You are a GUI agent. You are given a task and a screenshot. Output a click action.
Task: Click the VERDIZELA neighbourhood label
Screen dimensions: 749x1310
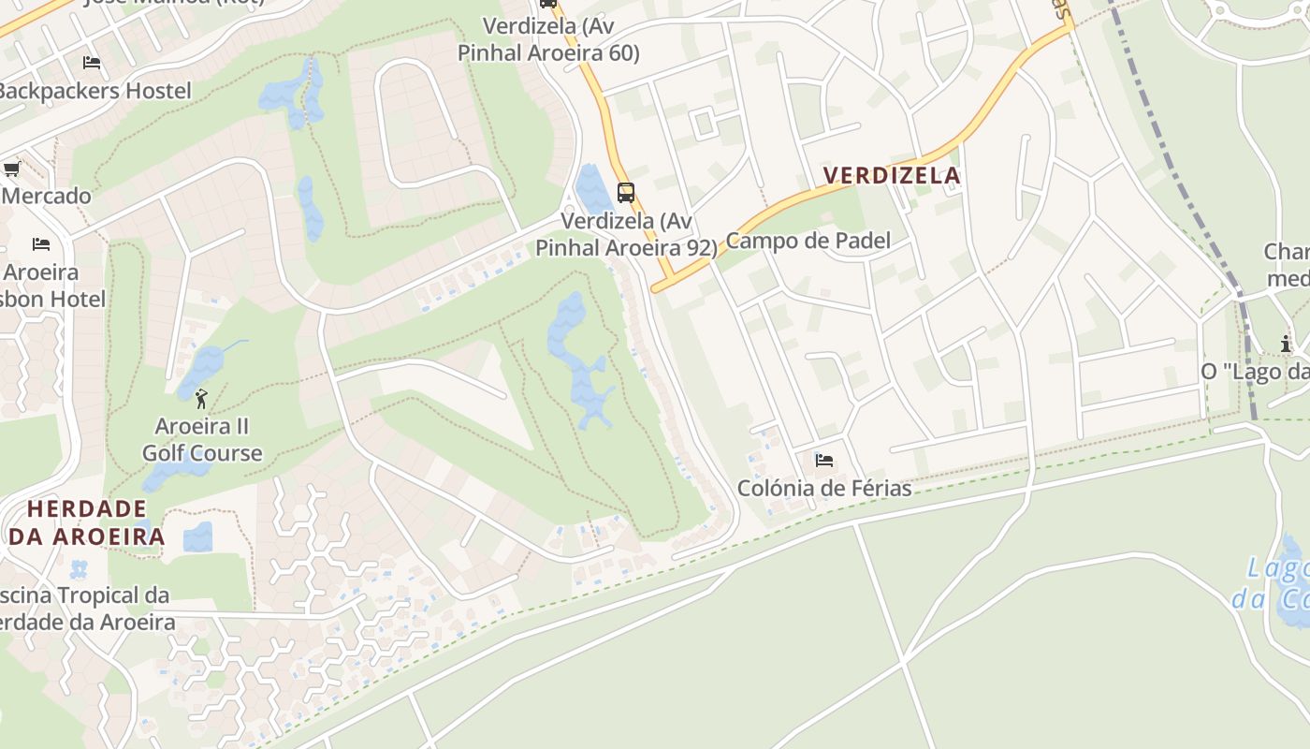coord(892,175)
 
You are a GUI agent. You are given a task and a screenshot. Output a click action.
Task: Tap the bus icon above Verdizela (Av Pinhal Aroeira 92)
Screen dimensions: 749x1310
coord(626,193)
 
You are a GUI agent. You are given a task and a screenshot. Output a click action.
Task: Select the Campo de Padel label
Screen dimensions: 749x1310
coord(808,241)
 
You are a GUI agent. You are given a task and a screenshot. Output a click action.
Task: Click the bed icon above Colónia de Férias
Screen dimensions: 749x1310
coord(824,460)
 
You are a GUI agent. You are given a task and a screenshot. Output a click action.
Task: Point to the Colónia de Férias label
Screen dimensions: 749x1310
coord(824,488)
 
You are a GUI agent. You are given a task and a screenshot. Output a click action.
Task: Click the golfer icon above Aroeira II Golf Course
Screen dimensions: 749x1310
coord(201,400)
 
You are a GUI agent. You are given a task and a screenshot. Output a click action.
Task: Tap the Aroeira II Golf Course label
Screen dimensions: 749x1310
coord(202,440)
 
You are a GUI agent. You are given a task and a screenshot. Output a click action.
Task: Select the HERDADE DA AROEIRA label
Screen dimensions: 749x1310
coord(87,522)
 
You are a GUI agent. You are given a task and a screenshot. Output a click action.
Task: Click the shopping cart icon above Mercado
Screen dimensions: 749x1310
coord(11,169)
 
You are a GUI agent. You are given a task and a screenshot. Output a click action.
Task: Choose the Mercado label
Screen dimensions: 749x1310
coord(46,196)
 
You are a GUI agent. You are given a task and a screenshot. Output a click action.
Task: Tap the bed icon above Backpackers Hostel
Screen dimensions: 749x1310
coord(92,63)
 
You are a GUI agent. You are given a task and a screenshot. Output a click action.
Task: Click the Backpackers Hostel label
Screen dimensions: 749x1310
coord(94,91)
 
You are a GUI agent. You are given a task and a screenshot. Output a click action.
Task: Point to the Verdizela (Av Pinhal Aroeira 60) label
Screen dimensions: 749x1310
coord(548,39)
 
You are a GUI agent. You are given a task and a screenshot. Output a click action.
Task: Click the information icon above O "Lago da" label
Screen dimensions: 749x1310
coord(1286,344)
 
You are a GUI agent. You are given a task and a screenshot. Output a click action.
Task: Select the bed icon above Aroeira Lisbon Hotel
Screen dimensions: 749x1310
coord(41,244)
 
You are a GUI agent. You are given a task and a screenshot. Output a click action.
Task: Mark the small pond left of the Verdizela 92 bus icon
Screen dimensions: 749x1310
coord(593,188)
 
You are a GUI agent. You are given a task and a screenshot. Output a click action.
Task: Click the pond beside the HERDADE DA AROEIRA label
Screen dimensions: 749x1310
coord(197,537)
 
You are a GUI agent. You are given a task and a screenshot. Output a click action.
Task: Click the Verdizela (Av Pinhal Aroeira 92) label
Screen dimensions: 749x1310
coord(626,234)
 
